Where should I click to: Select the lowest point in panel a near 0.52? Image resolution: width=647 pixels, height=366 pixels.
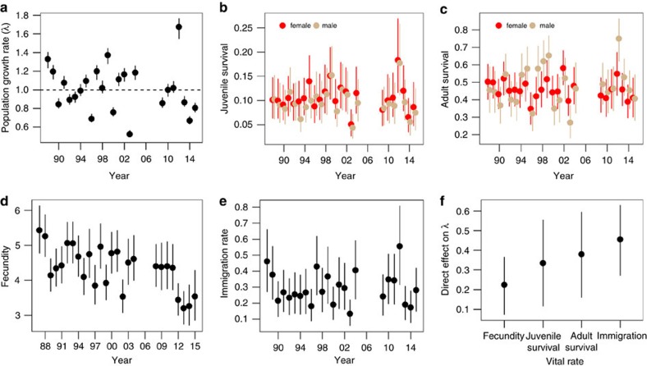[130, 134]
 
